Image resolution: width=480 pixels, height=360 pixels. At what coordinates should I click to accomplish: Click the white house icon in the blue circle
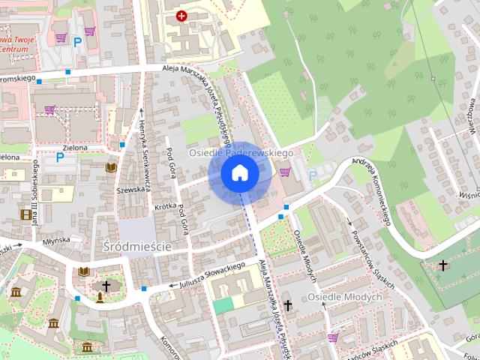(240, 173)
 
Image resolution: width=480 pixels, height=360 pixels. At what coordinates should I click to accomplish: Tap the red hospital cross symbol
(181, 15)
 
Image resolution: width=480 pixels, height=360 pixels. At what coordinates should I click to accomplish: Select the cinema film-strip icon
(28, 215)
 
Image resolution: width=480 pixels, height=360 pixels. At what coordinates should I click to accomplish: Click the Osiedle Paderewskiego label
(240, 152)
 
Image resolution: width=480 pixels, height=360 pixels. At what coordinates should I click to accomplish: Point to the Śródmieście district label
(137, 246)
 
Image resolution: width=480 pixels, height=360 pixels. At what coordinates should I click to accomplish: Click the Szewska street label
(130, 190)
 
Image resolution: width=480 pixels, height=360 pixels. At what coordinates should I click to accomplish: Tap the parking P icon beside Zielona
(60, 157)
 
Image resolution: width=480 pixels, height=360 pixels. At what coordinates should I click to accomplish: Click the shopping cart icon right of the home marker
(285, 172)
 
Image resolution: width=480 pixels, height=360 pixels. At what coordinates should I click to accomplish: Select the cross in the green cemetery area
(444, 265)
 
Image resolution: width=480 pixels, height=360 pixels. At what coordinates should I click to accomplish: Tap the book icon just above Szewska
(111, 167)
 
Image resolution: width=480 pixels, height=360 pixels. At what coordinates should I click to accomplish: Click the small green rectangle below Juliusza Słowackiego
(223, 305)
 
